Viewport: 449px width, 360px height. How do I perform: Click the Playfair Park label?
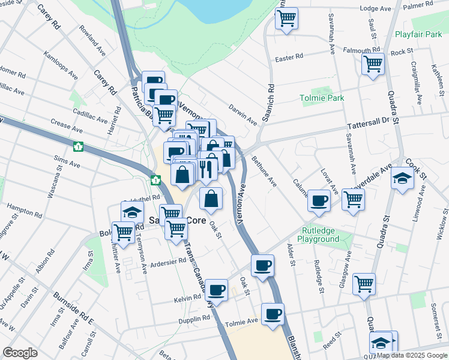(x=418, y=34)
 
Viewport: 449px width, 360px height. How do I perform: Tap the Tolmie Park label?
(x=322, y=98)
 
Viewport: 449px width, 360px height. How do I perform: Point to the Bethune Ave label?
(x=264, y=172)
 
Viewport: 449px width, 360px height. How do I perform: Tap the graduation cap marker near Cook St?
(x=402, y=178)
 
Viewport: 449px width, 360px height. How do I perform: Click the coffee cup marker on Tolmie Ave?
(x=273, y=313)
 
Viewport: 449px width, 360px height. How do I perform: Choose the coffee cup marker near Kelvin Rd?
(x=216, y=289)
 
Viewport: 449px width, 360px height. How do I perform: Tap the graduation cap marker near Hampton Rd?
(x=132, y=211)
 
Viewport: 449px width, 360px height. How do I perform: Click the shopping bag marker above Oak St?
(x=211, y=199)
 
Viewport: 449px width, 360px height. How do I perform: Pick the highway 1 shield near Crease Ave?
(x=78, y=146)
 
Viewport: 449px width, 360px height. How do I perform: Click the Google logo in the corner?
(x=20, y=353)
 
